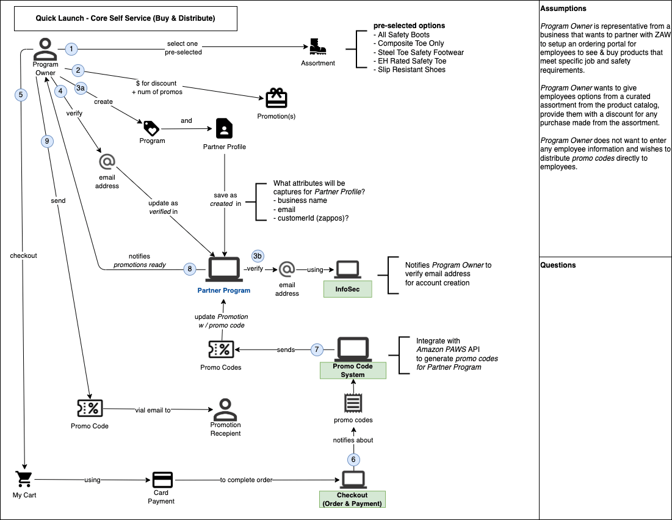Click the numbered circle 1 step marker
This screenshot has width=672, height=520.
(x=71, y=48)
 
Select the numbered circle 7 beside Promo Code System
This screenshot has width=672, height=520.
(x=316, y=350)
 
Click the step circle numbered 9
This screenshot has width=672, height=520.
(x=46, y=141)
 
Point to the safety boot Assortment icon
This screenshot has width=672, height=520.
(x=317, y=46)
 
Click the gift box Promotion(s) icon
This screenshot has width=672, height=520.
(x=276, y=98)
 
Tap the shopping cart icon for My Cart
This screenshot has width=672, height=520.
(x=24, y=478)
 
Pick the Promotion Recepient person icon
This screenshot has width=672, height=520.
(x=225, y=408)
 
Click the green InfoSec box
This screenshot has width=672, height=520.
(x=348, y=288)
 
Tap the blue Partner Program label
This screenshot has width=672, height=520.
(x=223, y=290)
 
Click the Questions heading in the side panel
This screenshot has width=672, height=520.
(x=558, y=265)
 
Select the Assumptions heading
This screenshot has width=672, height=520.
(x=563, y=9)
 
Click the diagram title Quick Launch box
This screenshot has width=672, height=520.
(x=125, y=19)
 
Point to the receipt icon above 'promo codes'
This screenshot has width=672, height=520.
(x=352, y=403)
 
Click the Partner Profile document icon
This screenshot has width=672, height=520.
(x=224, y=128)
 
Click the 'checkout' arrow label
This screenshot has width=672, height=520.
(x=23, y=255)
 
